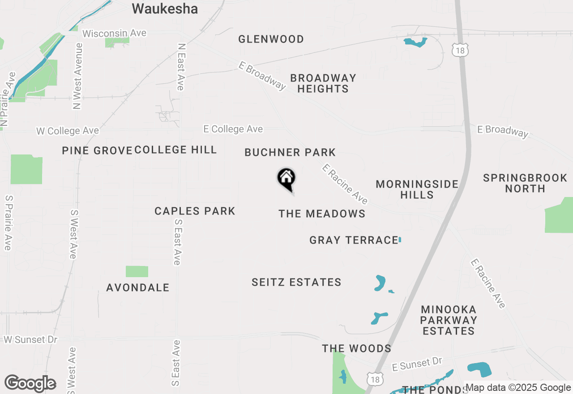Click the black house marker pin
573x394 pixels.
pos(286,179)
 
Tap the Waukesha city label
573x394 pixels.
pos(165,9)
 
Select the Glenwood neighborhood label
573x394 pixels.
pos(271,39)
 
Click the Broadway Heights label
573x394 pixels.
pos(323,83)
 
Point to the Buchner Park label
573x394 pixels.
pos(290,153)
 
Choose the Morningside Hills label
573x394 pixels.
pos(417,189)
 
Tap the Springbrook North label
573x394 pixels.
pos(525,183)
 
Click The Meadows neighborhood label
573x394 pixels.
pos(322,214)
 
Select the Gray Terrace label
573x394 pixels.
pos(354,240)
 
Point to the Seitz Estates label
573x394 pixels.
pos(296,283)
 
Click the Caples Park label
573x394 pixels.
pos(195,211)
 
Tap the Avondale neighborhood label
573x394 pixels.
pos(138,288)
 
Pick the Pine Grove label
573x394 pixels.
pos(97,150)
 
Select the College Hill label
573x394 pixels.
pos(175,150)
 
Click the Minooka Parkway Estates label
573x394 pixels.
pos(449,320)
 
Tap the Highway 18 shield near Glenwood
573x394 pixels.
pos(460,50)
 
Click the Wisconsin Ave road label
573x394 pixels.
pos(114,34)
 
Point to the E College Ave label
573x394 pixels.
pos(233,129)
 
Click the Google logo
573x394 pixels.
pos(30,384)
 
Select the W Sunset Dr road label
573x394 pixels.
pos(30,339)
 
